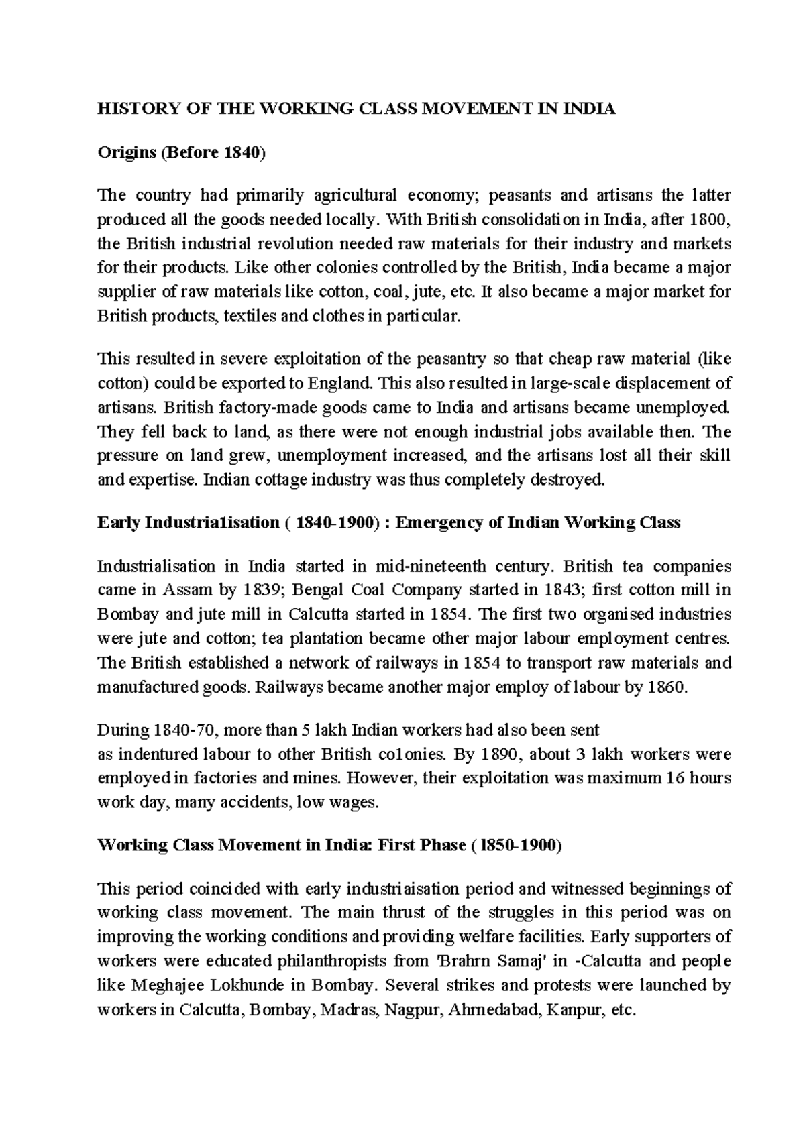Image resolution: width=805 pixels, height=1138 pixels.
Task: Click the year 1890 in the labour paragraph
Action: (500, 754)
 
